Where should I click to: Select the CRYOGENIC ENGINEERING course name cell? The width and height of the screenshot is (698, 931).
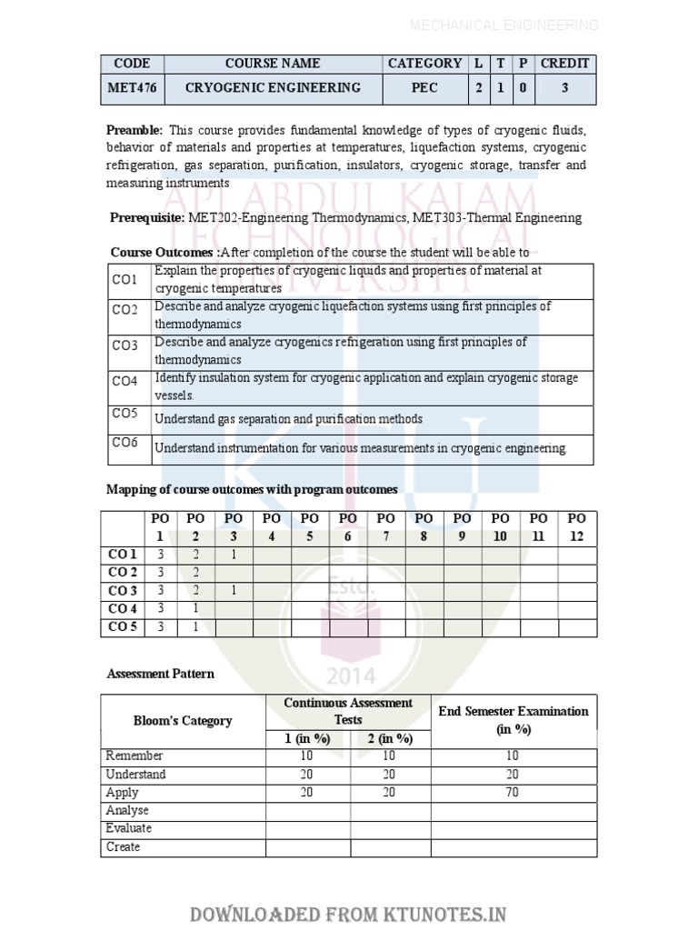pos(273,88)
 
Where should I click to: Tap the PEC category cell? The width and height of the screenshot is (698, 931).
pos(424,88)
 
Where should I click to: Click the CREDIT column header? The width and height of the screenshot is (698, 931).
pos(564,64)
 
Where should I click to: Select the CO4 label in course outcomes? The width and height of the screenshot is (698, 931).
pos(125,381)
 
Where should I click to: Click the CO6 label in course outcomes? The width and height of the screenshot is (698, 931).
pos(125,443)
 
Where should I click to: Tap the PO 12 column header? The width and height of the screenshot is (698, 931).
pos(577,527)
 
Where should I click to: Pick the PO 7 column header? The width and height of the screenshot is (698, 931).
pos(386,527)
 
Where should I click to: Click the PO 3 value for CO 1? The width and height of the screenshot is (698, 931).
pos(234,555)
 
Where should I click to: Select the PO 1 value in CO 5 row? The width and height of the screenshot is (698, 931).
pos(161,627)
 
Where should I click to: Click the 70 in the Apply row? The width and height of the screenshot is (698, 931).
pos(514,793)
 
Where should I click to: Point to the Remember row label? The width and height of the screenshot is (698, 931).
pos(135,756)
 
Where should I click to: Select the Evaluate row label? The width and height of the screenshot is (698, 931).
pos(129,829)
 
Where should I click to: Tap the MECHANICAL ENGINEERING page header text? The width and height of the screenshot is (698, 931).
pos(504,25)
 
